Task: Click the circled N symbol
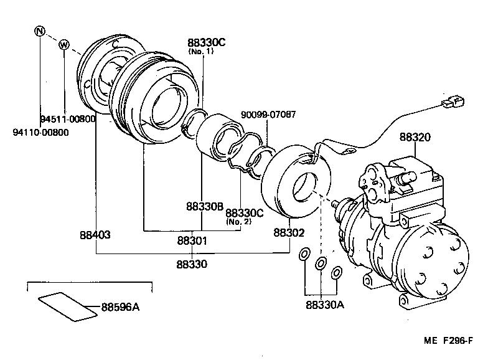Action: (40, 31)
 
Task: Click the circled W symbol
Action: (63, 44)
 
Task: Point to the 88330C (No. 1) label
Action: (205, 45)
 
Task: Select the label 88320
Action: (415, 136)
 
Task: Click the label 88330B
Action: (204, 206)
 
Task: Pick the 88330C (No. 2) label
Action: (245, 216)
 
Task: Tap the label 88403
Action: (95, 235)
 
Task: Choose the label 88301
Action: (191, 241)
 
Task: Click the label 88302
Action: (289, 233)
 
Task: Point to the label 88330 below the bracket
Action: (191, 264)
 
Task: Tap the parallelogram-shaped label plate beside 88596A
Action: (67, 306)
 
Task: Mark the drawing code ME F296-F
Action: (453, 342)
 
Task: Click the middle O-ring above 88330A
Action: (321, 263)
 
